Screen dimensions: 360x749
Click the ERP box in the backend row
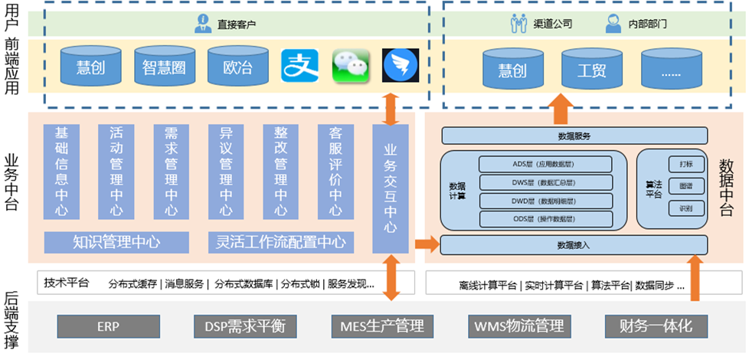point(107,326)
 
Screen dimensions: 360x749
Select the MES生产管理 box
point(382,326)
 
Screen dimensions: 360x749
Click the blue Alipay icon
point(299,67)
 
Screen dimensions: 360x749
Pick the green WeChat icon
point(351,67)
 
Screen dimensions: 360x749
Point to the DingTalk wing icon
point(398,67)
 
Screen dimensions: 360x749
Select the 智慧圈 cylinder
point(164,67)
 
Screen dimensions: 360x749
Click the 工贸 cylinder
point(592,70)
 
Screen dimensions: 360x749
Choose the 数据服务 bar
point(574,136)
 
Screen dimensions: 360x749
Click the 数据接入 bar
point(574,245)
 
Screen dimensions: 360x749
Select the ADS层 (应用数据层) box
point(545,164)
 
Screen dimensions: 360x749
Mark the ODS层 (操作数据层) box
point(545,219)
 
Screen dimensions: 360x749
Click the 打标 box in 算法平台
point(675,164)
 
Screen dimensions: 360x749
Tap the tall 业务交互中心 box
point(391,188)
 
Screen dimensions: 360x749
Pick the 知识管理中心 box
point(116,243)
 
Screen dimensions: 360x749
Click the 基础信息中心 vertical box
point(61,172)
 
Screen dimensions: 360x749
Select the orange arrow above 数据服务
point(561,110)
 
